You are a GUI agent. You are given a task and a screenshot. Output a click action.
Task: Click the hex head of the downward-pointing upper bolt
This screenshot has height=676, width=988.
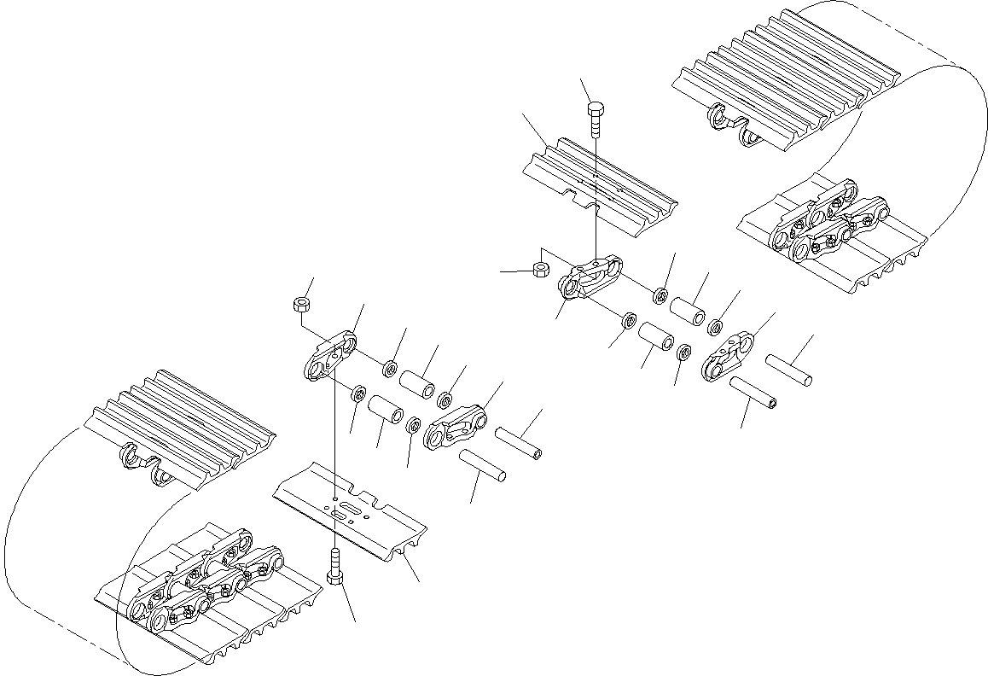[596, 108]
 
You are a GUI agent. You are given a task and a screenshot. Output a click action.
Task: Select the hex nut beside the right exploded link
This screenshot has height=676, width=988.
[540, 269]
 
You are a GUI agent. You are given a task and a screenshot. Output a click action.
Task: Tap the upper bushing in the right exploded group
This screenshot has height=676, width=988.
[688, 310]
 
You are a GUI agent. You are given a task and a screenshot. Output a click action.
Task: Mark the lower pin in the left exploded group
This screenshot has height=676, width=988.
[484, 465]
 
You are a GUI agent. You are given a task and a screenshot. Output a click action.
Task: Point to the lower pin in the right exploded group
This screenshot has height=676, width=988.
[753, 392]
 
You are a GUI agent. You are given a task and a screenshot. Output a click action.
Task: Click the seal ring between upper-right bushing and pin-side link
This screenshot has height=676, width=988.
[715, 326]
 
